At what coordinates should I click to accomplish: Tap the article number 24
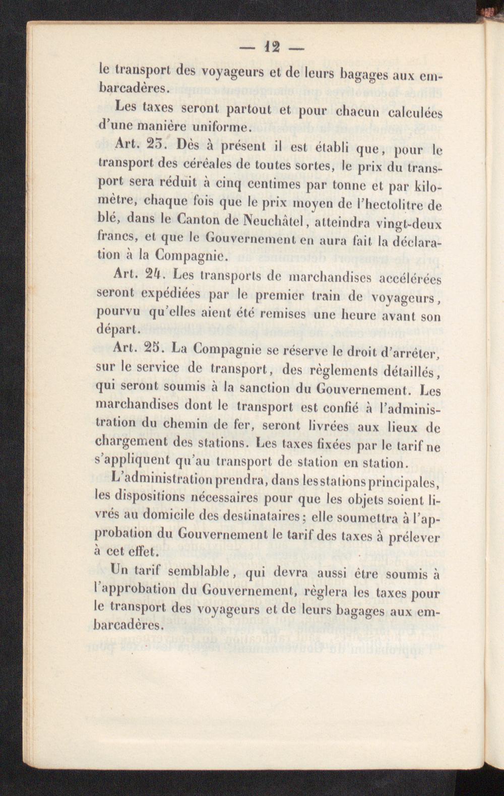coord(150,275)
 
